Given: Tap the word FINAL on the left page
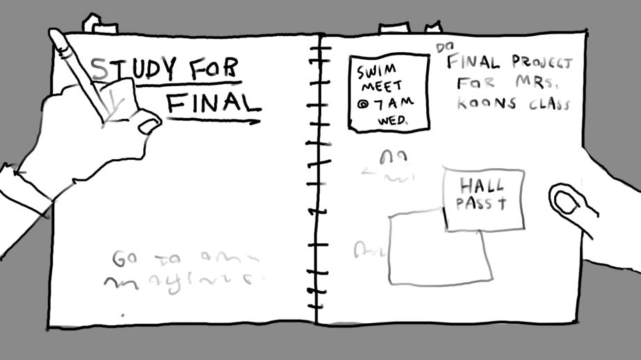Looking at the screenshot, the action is (x=213, y=103).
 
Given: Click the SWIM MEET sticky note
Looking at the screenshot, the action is (x=388, y=93).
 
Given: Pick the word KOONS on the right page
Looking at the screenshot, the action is (x=480, y=104).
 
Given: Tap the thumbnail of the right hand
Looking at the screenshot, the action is (x=565, y=202).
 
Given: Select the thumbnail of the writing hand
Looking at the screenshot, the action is (x=149, y=126).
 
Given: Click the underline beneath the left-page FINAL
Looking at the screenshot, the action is (x=212, y=121).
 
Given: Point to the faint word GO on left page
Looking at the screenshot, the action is (x=124, y=259).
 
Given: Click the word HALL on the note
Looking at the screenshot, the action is (x=481, y=186).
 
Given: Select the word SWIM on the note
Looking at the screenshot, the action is (x=376, y=72).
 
